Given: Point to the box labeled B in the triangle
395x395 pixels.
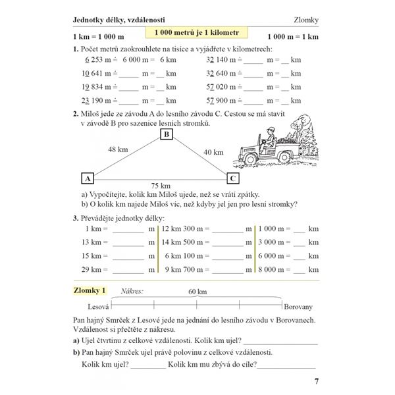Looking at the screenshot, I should coord(167,135).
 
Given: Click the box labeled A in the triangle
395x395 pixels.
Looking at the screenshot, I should coord(87,178).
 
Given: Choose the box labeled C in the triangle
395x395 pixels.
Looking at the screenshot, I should coord(232,178).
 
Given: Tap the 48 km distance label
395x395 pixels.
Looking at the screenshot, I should coord(118,149).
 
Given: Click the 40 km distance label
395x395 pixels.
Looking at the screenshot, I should coord(213,152).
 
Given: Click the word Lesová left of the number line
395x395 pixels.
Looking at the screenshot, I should coord(98,307).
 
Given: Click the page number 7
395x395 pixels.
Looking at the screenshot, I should coord(315,381).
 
